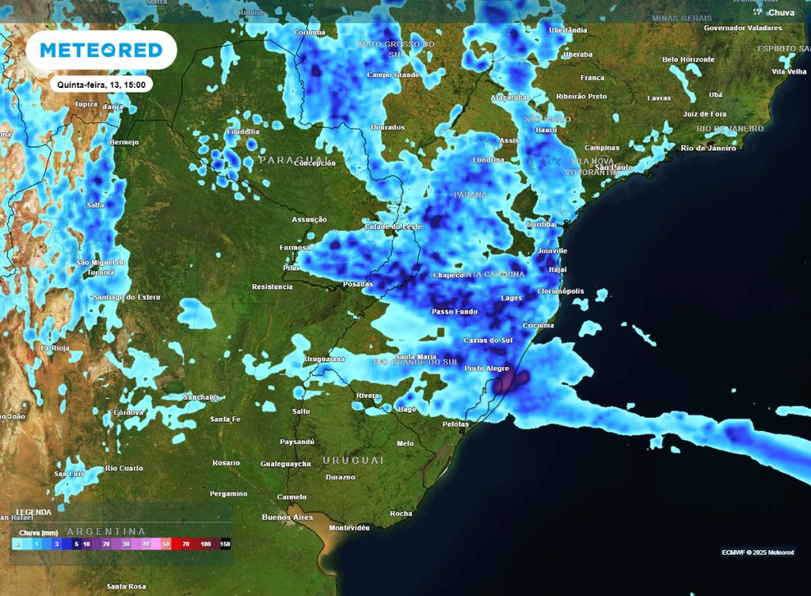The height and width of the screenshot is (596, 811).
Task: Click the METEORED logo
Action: pyautogui.click(x=101, y=50)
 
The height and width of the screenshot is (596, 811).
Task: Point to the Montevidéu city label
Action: pyautogui.click(x=349, y=527)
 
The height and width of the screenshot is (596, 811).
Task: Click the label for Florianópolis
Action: pyautogui.click(x=561, y=291)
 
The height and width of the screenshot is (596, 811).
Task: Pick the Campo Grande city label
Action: pyautogui.click(x=392, y=75)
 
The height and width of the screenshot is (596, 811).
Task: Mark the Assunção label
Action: pyautogui.click(x=310, y=219)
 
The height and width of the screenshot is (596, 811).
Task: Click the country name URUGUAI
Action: pyautogui.click(x=353, y=460)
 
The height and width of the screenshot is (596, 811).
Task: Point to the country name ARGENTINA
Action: pyautogui.click(x=107, y=531)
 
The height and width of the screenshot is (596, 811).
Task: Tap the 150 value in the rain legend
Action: pyautogui.click(x=225, y=545)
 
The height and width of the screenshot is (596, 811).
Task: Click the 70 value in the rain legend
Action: pyautogui.click(x=185, y=545)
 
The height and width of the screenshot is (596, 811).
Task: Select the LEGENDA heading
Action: pyautogui.click(x=34, y=512)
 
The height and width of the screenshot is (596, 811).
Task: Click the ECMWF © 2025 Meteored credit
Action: pyautogui.click(x=757, y=552)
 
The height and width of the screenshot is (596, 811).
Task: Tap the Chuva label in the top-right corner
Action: pyautogui.click(x=781, y=13)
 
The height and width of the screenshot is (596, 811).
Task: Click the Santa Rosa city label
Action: pyautogui.click(x=127, y=587)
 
